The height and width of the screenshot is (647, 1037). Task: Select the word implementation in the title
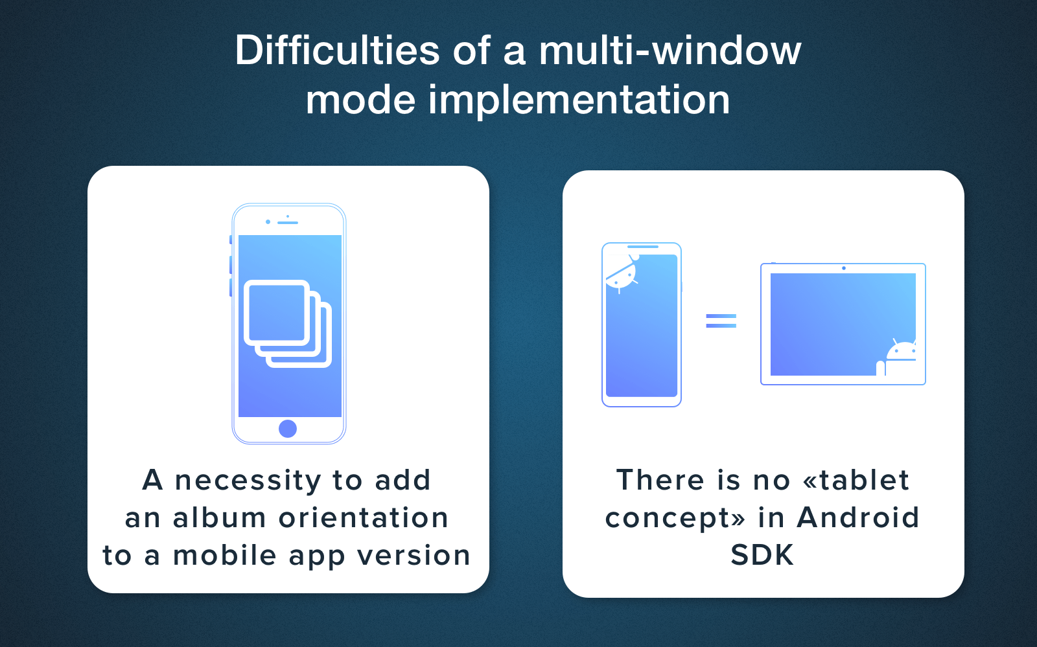coord(579,101)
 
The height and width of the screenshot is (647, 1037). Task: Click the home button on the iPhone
coord(288,429)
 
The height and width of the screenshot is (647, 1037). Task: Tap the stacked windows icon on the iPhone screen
coord(288,324)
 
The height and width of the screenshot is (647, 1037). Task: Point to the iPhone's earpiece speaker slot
coord(288,223)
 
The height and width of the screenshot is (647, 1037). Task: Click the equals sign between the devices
coord(721,321)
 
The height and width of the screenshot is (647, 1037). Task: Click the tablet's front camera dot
coord(843,268)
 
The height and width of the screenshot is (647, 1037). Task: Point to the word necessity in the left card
coord(248,481)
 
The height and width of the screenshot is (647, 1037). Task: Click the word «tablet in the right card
coord(856,480)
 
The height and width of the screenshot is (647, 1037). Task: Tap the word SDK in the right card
coord(762,554)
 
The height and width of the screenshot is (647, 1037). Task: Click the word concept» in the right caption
coord(675,519)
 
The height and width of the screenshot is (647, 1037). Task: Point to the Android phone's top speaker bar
coord(643,247)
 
